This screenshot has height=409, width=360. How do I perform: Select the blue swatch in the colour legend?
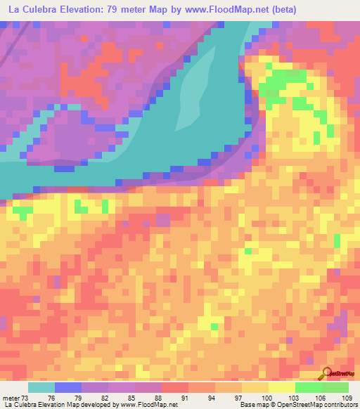coord(68,387)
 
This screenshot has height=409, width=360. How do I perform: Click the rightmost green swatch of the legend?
coord(335,387)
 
